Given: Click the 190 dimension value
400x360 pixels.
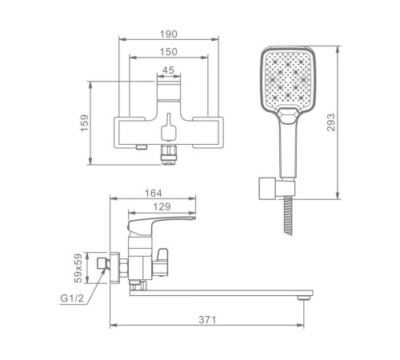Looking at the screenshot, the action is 168,34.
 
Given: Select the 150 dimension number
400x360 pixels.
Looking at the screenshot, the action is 168,52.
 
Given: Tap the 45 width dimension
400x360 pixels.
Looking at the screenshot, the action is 168,70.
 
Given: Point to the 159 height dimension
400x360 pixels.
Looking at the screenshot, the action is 84,123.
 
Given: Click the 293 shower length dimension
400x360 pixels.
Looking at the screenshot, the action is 330,122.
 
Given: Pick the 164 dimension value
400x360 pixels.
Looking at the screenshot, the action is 153,193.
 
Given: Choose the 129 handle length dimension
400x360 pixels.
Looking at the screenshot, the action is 162,206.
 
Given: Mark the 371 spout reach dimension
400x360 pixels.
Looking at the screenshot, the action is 207,319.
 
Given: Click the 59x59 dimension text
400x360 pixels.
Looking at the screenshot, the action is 78,268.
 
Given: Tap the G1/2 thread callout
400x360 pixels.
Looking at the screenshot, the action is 72,298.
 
